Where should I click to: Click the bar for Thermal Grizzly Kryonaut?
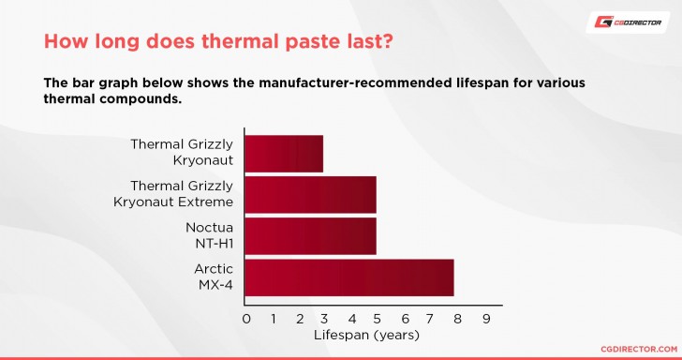coord(284,154)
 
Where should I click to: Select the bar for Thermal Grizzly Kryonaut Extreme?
coord(310,194)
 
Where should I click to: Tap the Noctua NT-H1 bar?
coord(310,236)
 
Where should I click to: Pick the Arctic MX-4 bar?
coord(348,277)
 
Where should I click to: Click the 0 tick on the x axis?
coord(245,319)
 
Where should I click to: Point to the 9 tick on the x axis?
coord(485,319)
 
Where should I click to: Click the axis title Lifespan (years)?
coord(365,335)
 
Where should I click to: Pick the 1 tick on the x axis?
coord(273,319)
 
